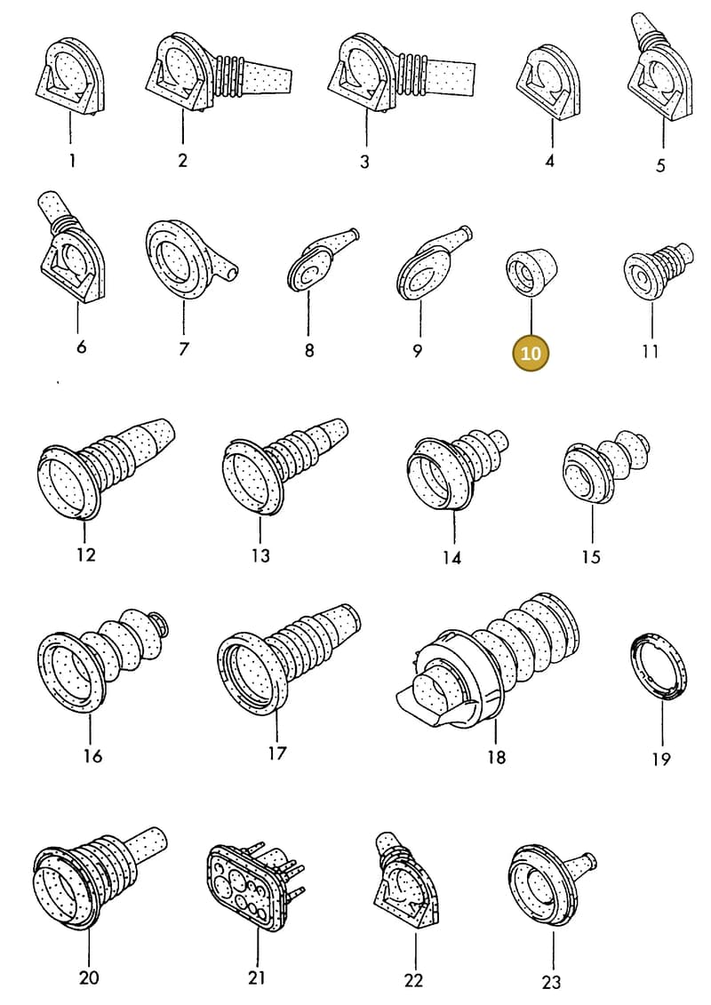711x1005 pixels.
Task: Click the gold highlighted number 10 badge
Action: pos(531,353)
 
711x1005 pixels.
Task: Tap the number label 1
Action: pos(72,160)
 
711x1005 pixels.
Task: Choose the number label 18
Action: pos(496,757)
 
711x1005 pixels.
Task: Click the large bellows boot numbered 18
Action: pos(487,660)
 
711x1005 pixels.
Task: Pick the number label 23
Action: pos(551,981)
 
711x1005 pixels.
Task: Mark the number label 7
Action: pos(184,348)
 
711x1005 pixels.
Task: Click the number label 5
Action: pos(660,165)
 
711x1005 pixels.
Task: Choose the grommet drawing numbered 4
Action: pos(551,82)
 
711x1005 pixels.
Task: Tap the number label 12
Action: pos(85,554)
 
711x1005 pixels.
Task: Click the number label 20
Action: pos(89,977)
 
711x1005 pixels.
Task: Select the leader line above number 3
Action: pos(366,127)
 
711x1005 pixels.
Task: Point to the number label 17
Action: pos(276,753)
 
